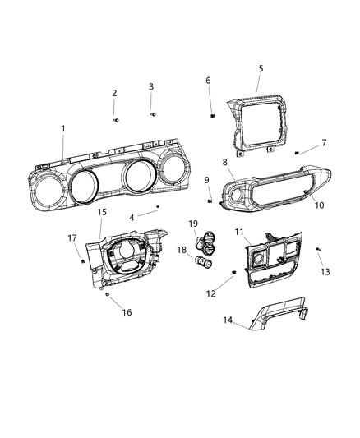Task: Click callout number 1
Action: click(64, 128)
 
